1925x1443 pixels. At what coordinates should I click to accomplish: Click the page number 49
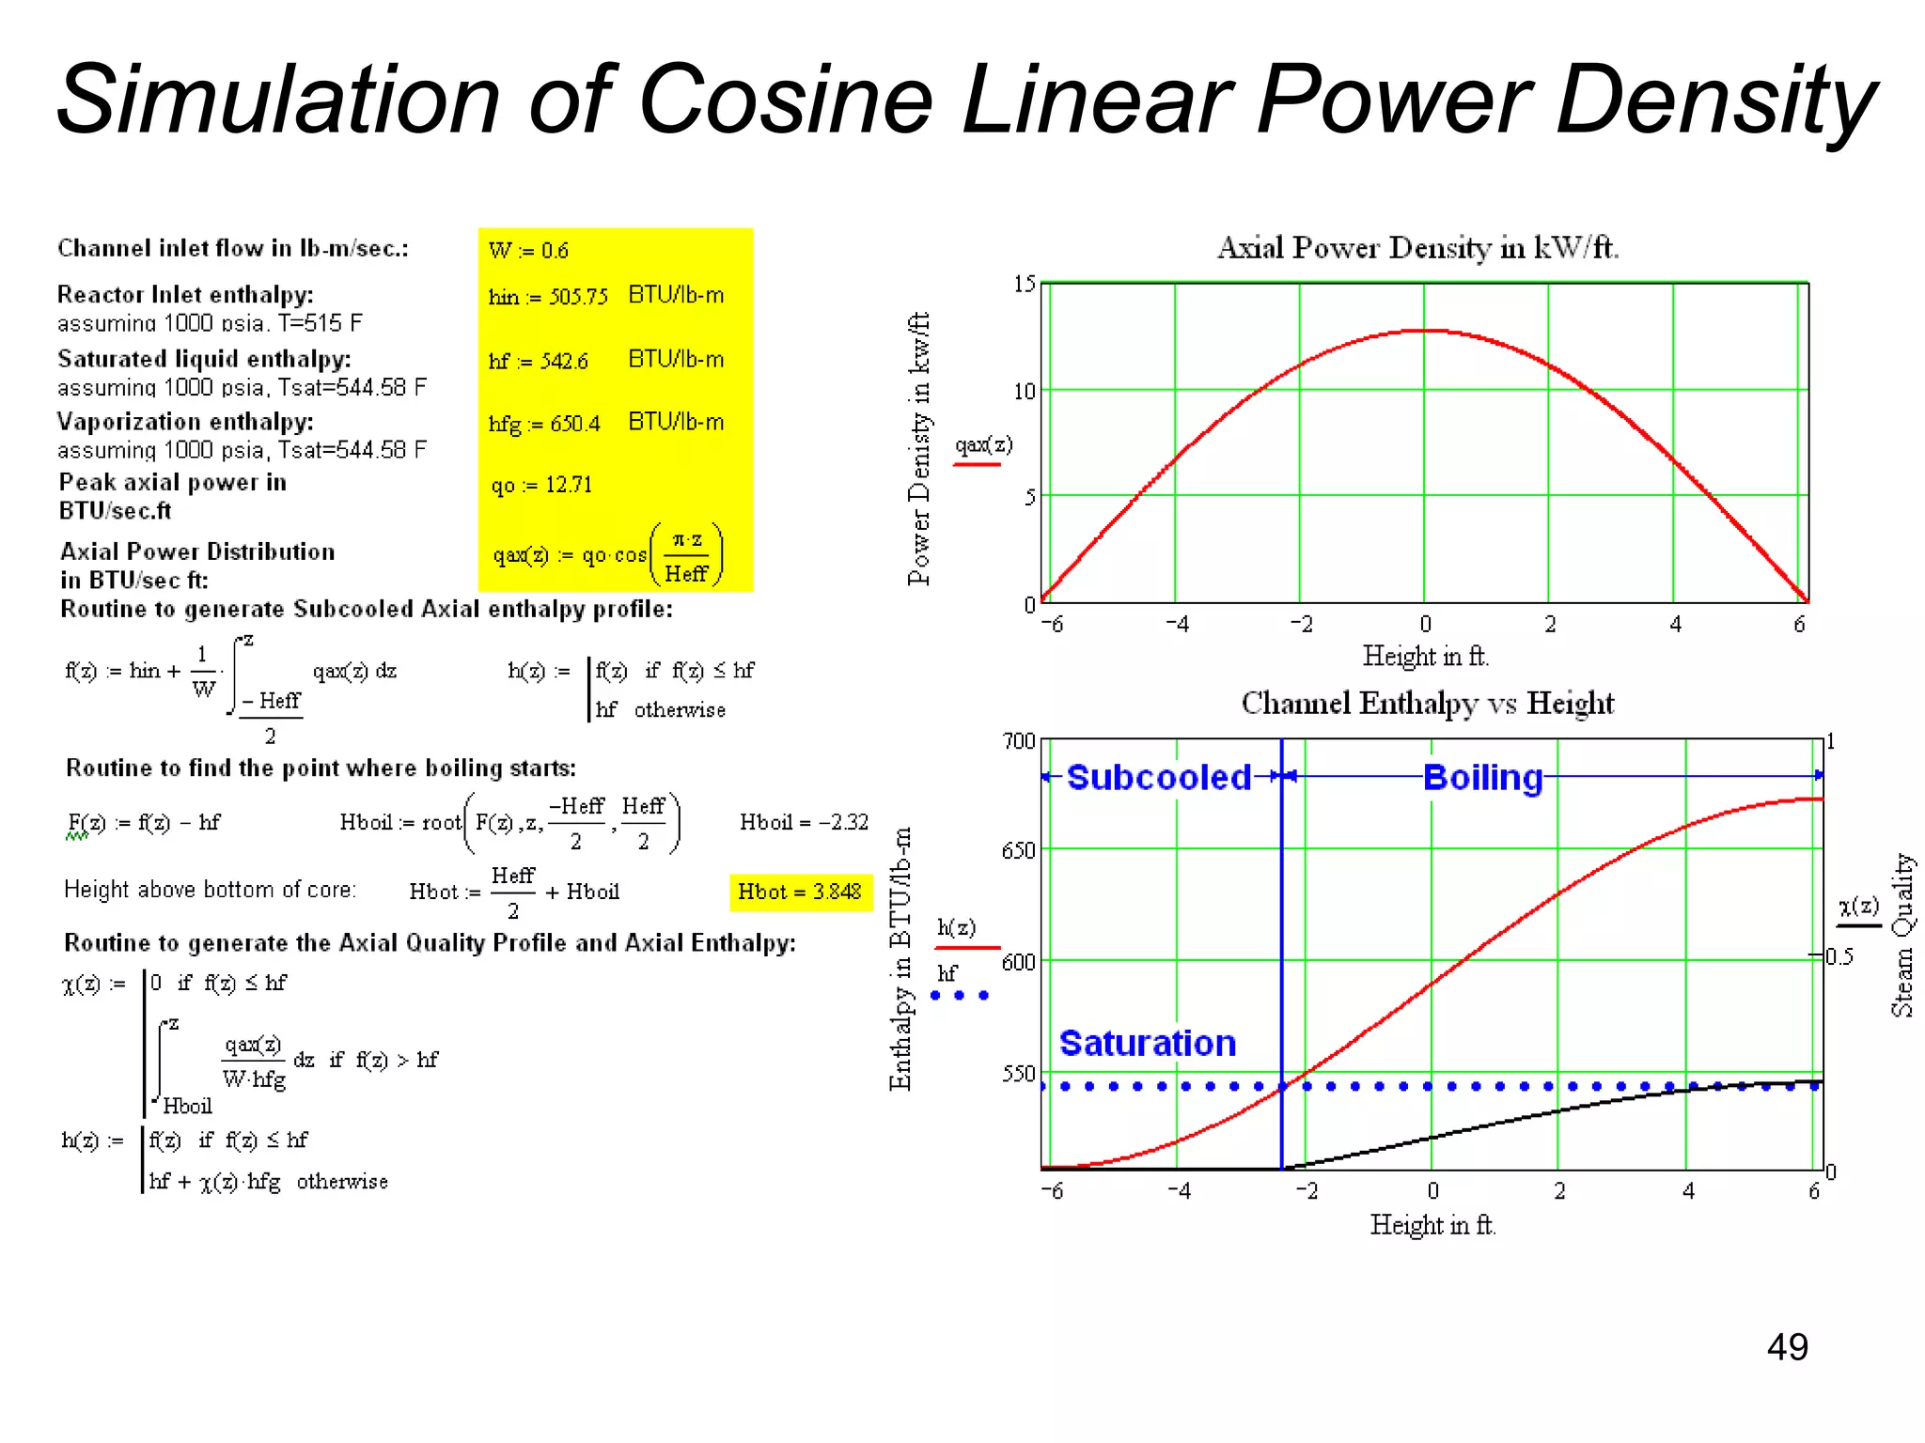point(1787,1347)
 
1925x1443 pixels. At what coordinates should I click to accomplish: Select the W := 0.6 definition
point(528,251)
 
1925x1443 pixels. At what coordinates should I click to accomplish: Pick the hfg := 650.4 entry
point(544,424)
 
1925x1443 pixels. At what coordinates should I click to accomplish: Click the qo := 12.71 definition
point(542,485)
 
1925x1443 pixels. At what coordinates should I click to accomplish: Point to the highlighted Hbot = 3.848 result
point(800,892)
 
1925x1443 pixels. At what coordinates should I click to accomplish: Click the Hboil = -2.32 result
point(804,822)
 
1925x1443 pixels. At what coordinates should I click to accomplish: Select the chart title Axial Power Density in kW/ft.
point(1417,248)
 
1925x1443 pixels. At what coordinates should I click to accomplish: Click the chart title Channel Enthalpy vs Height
point(1427,703)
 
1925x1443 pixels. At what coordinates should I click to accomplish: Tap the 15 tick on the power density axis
point(1024,284)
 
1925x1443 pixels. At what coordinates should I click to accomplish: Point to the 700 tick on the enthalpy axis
point(1018,741)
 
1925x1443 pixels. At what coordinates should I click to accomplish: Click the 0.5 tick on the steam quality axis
point(1839,957)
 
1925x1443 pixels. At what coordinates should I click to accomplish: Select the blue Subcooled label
point(1158,778)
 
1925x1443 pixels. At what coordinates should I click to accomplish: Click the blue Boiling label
point(1482,778)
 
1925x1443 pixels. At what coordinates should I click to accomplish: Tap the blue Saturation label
point(1147,1044)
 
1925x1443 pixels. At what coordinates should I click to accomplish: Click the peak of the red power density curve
point(1425,331)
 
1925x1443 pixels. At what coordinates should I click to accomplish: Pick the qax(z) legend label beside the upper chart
point(983,444)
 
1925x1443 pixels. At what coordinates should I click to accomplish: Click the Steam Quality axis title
point(1902,935)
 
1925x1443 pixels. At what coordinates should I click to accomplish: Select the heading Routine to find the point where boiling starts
point(321,768)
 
